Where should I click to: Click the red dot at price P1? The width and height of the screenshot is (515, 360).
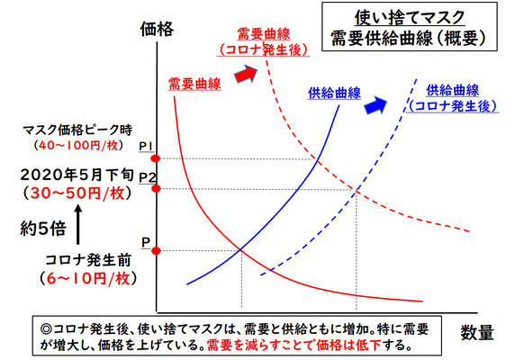point(156,158)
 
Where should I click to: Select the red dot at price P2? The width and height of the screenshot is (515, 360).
point(156,189)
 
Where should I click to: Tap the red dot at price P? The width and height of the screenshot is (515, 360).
point(156,251)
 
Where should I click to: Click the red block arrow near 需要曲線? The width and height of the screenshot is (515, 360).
point(246,74)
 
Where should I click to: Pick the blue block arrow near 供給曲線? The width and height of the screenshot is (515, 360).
point(375,105)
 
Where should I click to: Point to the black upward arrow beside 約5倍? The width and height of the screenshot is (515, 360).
point(77,224)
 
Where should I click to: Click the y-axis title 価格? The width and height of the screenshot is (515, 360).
point(157,29)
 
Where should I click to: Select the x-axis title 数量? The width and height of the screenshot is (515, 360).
point(477,333)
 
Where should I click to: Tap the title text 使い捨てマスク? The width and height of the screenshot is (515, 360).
point(410,17)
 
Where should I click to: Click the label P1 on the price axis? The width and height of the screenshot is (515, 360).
point(146,147)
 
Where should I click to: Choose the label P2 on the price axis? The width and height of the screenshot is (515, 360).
point(148,177)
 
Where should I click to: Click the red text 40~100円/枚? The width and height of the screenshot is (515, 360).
point(78,146)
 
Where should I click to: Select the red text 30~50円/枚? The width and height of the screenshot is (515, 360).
point(77,193)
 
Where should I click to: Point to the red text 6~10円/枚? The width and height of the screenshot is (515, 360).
point(88,279)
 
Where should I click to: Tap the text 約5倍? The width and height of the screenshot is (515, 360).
point(43,229)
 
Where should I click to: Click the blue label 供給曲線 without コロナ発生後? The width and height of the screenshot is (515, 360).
point(334,94)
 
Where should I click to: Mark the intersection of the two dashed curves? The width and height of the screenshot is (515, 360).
point(357,190)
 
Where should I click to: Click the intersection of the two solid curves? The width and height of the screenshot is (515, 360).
point(241,250)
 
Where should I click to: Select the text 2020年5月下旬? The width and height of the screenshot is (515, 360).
point(77,175)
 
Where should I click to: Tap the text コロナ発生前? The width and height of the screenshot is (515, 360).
point(88,260)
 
